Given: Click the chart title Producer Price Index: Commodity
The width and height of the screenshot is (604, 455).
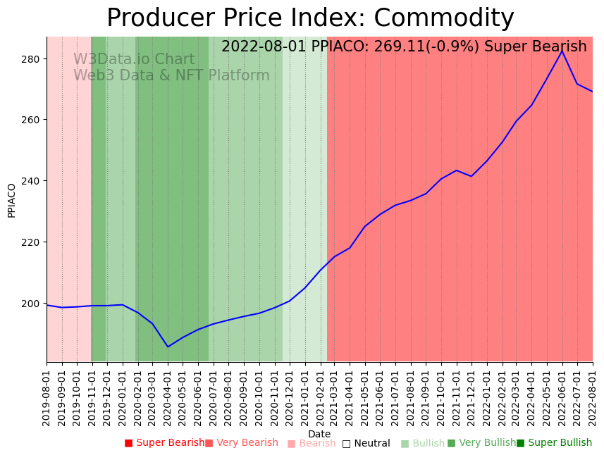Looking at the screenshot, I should (310, 18).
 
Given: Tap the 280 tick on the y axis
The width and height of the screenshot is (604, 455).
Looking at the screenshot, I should (32, 58).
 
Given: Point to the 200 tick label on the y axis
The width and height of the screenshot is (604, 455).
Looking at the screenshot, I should (32, 304).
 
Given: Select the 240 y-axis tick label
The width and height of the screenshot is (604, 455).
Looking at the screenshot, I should (32, 181).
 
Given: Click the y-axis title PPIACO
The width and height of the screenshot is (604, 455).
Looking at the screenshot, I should (12, 200).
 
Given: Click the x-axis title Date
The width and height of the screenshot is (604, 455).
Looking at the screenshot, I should (319, 434).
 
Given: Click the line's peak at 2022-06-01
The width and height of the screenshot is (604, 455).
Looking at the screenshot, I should (562, 51).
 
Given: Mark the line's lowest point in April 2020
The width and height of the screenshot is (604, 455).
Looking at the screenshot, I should (168, 347).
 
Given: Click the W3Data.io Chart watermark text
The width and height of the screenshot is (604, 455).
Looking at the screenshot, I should (134, 59).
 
